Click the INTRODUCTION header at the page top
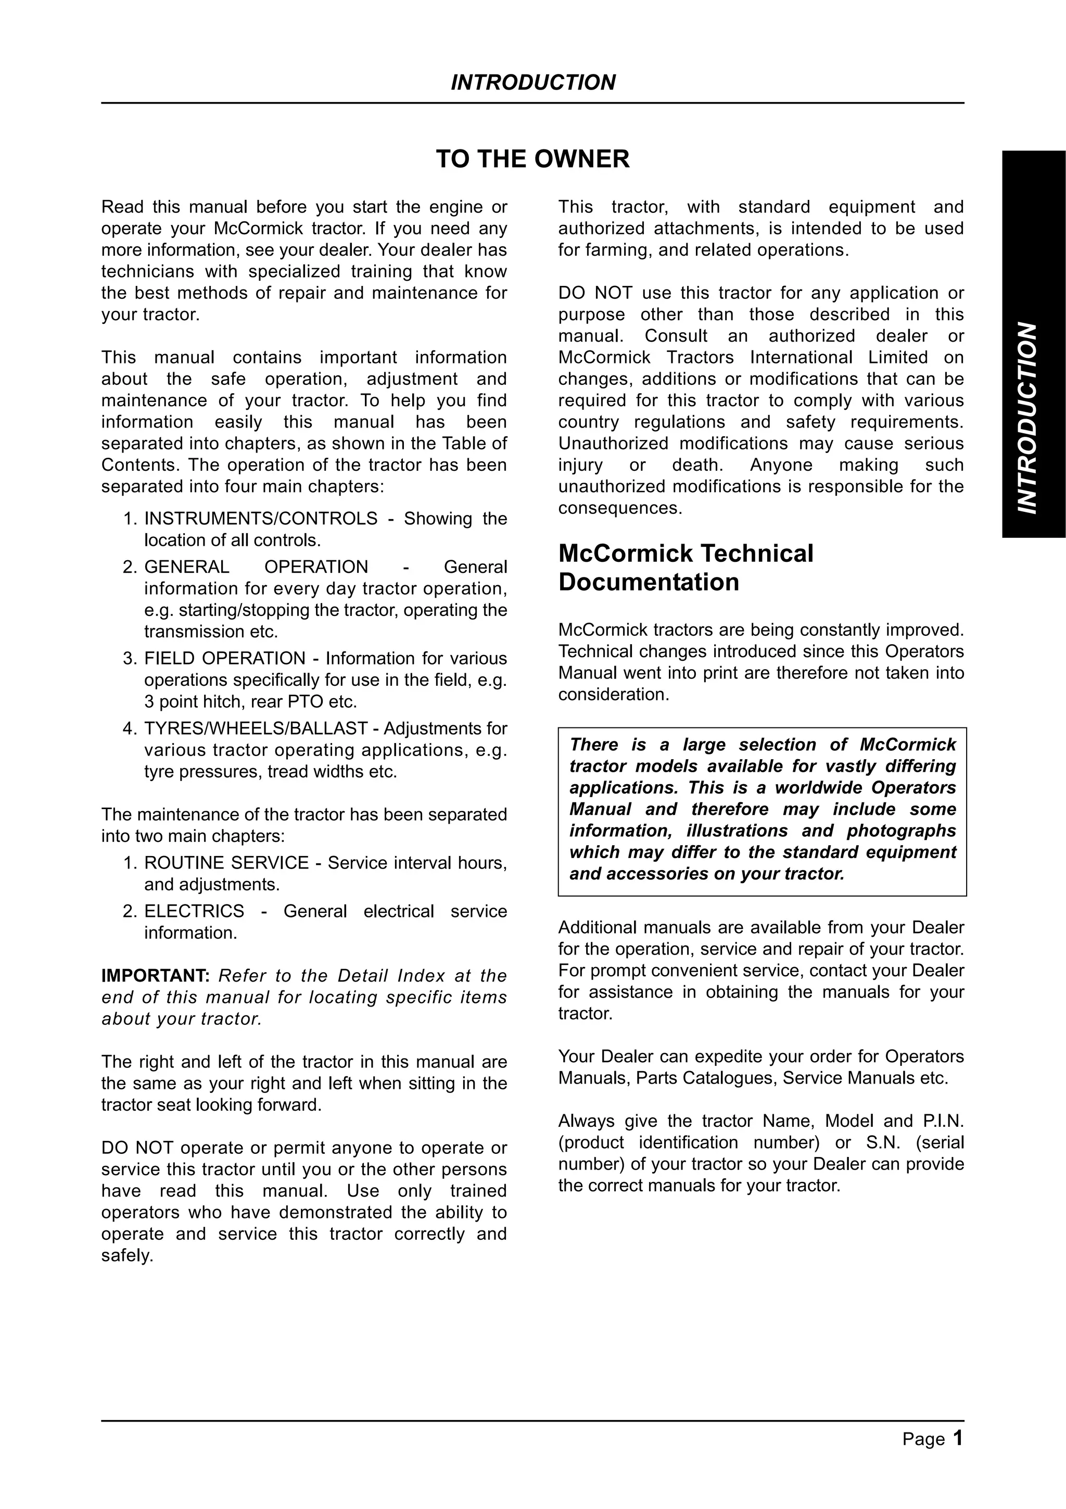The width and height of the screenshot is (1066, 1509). point(532,83)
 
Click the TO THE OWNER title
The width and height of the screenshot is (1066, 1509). point(532,159)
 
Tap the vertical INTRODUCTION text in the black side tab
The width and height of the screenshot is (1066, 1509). point(1028,418)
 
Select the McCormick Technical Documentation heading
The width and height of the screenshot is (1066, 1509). point(685,568)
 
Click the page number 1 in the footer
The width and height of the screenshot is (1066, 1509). point(958,1439)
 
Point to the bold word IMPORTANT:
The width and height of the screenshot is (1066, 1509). point(155,976)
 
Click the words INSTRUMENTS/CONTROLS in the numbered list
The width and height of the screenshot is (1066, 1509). point(261,519)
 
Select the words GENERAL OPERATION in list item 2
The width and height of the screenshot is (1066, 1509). point(256,567)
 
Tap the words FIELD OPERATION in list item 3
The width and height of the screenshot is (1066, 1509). point(225,659)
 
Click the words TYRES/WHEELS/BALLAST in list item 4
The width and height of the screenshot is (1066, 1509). point(256,728)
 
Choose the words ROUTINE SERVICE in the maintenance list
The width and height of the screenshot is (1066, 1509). point(226,863)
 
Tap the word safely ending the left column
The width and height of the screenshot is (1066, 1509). point(125,1256)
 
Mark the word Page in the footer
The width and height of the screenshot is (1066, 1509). point(923,1439)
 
